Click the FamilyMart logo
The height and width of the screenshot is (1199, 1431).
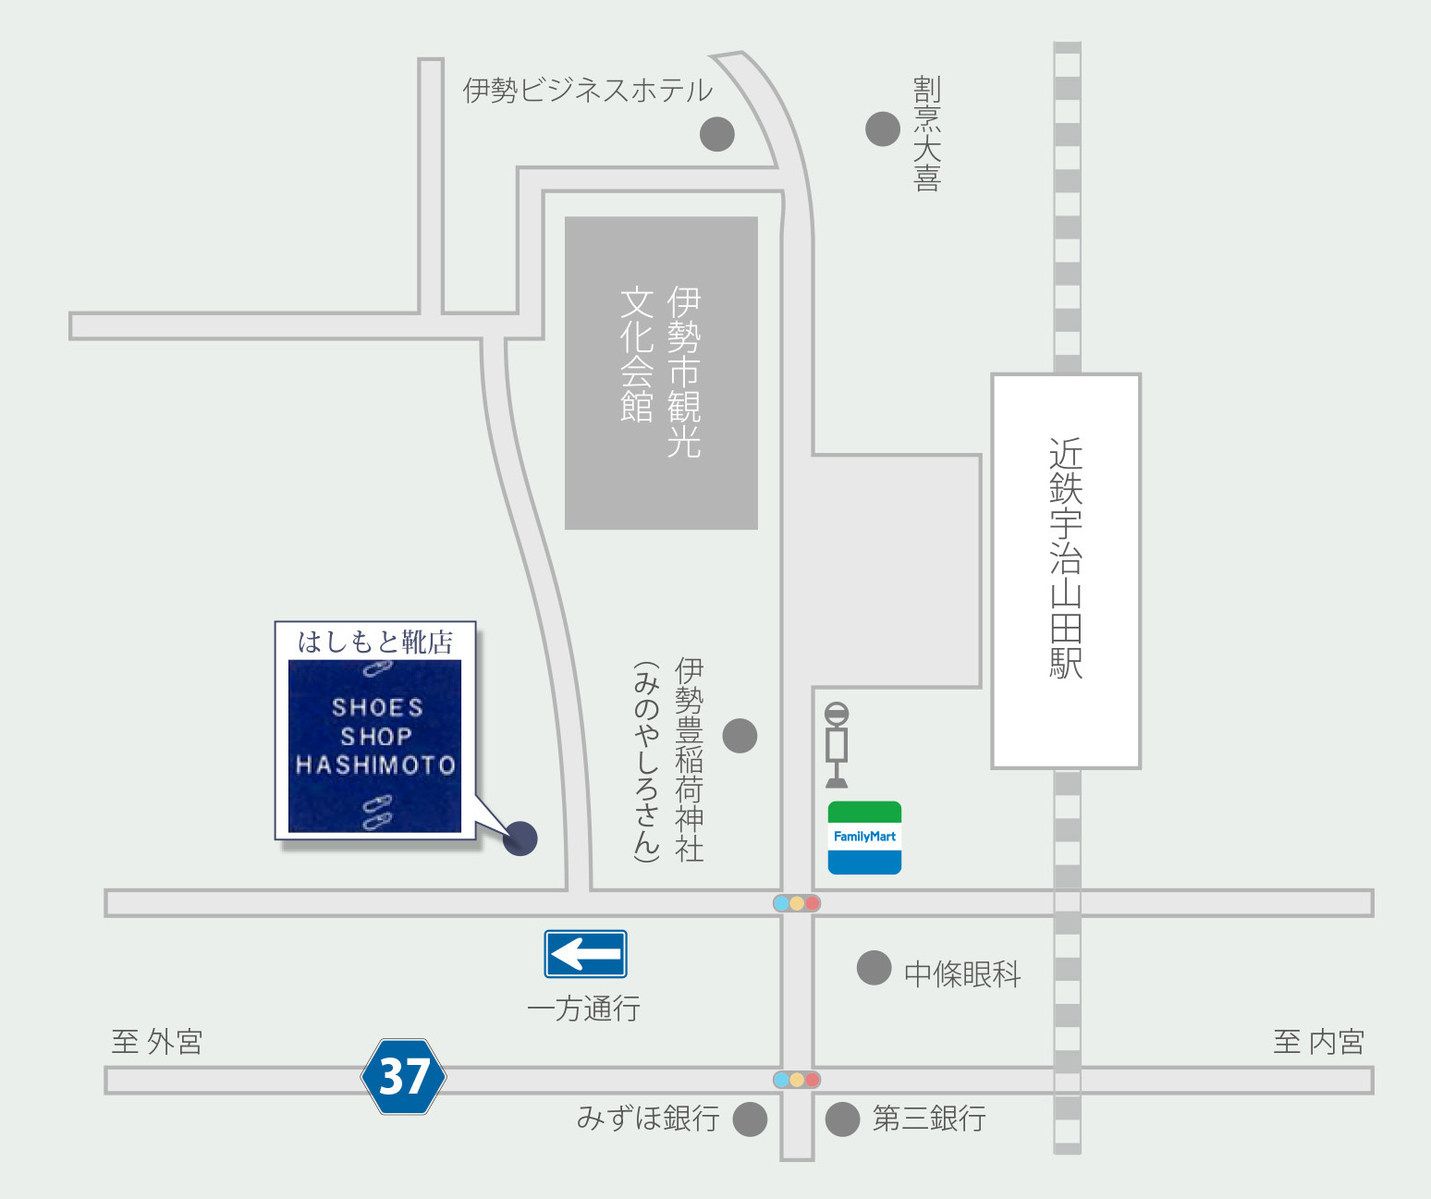(864, 838)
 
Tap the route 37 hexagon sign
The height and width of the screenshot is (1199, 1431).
(404, 1076)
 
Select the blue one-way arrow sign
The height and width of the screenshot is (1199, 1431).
(585, 954)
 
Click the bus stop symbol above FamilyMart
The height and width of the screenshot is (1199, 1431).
(837, 744)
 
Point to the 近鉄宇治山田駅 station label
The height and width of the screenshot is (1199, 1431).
(1066, 558)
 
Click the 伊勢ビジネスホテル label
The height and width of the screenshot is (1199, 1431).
(587, 91)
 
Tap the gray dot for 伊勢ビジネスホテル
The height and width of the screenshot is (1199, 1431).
(717, 134)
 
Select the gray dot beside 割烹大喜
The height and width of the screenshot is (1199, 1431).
(882, 129)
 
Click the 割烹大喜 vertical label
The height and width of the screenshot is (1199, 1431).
(927, 134)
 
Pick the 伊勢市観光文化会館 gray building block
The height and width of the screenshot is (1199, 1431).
(661, 373)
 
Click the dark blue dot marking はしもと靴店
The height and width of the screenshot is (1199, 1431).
(520, 838)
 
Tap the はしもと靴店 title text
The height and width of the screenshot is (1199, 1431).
(375, 642)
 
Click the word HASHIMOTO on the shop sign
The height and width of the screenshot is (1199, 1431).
(375, 765)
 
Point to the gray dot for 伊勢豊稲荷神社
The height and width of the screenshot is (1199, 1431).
(740, 736)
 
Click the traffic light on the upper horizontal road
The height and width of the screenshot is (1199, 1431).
(797, 903)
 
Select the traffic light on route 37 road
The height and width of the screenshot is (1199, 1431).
(797, 1080)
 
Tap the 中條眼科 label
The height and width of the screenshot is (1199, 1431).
(962, 973)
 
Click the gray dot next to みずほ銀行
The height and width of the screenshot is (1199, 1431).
(750, 1119)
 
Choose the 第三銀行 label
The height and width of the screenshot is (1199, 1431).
(929, 1119)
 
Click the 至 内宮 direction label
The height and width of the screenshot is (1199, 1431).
(1318, 1042)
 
